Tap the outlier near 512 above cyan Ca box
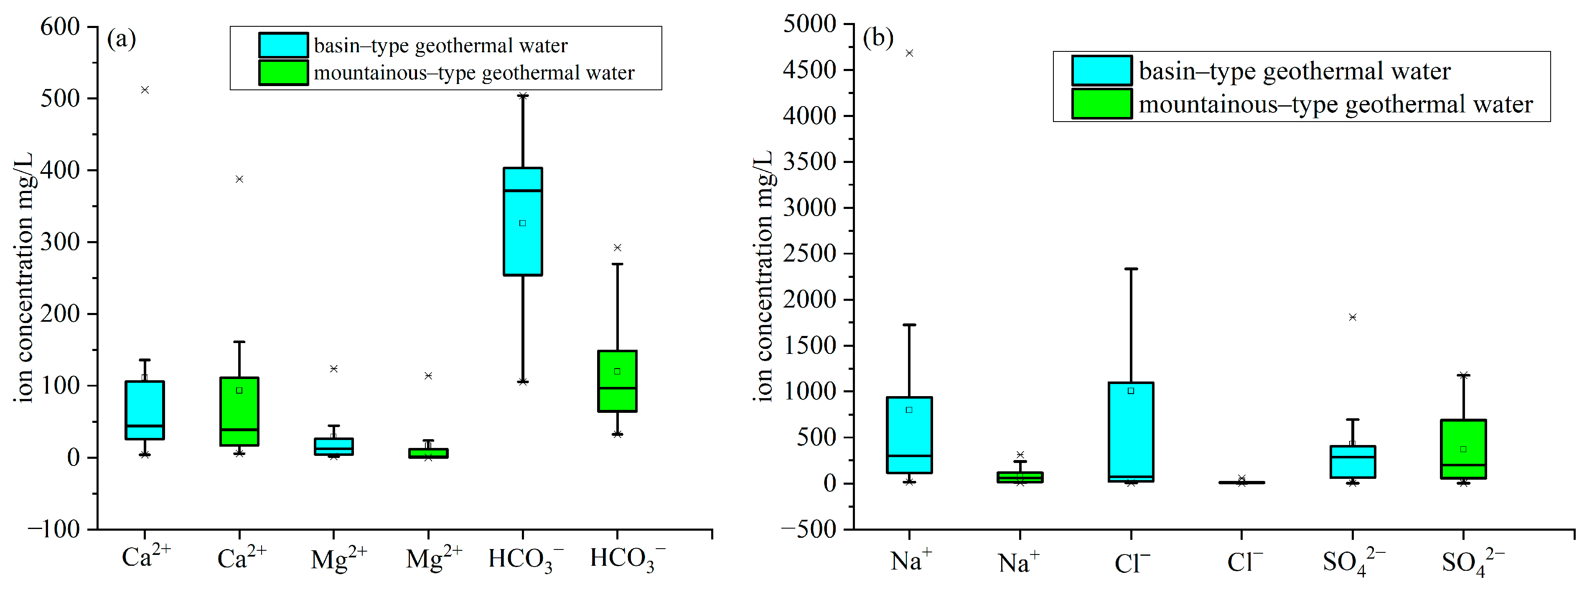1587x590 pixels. pyautogui.click(x=145, y=90)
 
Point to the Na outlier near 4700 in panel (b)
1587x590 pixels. pyautogui.click(x=909, y=53)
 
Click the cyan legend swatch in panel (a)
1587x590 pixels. pyautogui.click(x=283, y=45)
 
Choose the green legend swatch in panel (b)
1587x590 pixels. pyautogui.click(x=1101, y=104)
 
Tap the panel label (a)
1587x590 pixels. pyautogui.click(x=121, y=39)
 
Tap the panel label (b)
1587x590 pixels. pyautogui.click(x=877, y=38)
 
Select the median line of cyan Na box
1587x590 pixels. pyautogui.click(x=909, y=456)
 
